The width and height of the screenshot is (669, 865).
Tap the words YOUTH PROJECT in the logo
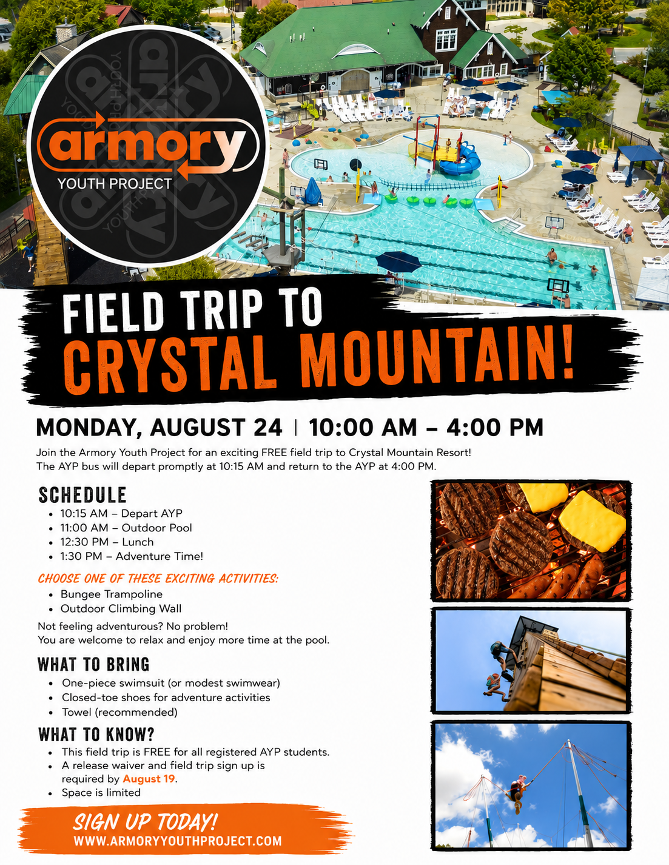115,184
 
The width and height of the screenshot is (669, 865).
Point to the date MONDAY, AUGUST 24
159,428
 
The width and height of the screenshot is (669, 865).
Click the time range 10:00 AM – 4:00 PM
426,428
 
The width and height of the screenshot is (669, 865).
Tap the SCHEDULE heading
82,495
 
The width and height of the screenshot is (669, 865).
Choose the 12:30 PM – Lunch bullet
107,542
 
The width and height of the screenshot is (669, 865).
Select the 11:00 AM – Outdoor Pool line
126,528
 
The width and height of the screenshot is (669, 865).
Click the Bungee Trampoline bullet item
112,594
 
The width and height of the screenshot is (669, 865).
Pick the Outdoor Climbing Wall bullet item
121,608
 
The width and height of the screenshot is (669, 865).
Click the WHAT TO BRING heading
93,664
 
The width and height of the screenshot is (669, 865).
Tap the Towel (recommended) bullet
119,712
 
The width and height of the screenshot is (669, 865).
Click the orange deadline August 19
149,778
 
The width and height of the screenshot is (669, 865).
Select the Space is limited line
101,792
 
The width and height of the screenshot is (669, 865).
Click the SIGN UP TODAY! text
146,822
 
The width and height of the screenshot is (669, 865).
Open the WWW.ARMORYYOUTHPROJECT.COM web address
178,841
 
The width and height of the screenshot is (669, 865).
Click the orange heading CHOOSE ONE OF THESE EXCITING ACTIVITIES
158,578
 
